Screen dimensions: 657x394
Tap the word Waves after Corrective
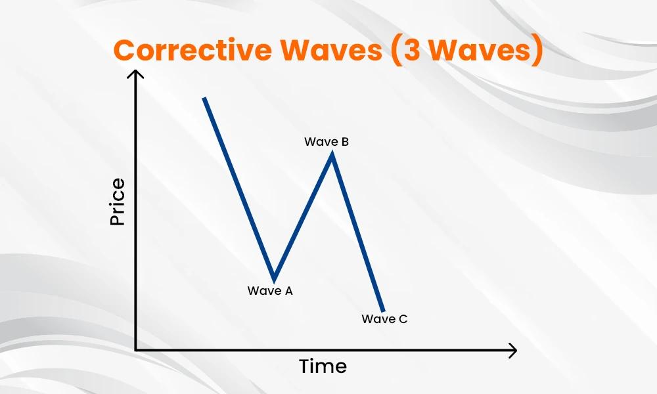click(x=331, y=50)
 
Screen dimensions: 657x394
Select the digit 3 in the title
click(x=413, y=51)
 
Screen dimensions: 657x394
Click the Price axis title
click(x=118, y=202)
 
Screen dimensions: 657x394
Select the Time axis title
click(x=323, y=366)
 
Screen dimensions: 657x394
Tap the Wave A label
click(x=270, y=291)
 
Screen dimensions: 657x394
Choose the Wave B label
click(x=327, y=142)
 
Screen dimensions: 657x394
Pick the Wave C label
click(x=384, y=319)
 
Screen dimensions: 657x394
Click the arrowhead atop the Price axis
click(x=135, y=74)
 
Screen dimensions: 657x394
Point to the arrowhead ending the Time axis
click(x=512, y=350)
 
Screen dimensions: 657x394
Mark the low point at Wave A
click(x=274, y=280)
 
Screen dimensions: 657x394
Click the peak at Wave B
click(x=332, y=154)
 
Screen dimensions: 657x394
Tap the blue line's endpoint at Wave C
click(x=382, y=311)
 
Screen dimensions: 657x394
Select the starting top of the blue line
click(x=204, y=98)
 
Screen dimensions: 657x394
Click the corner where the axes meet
click(x=135, y=349)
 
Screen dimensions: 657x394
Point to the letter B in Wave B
click(x=345, y=142)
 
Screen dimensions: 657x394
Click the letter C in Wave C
click(x=403, y=319)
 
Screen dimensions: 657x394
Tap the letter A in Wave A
click(x=288, y=291)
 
